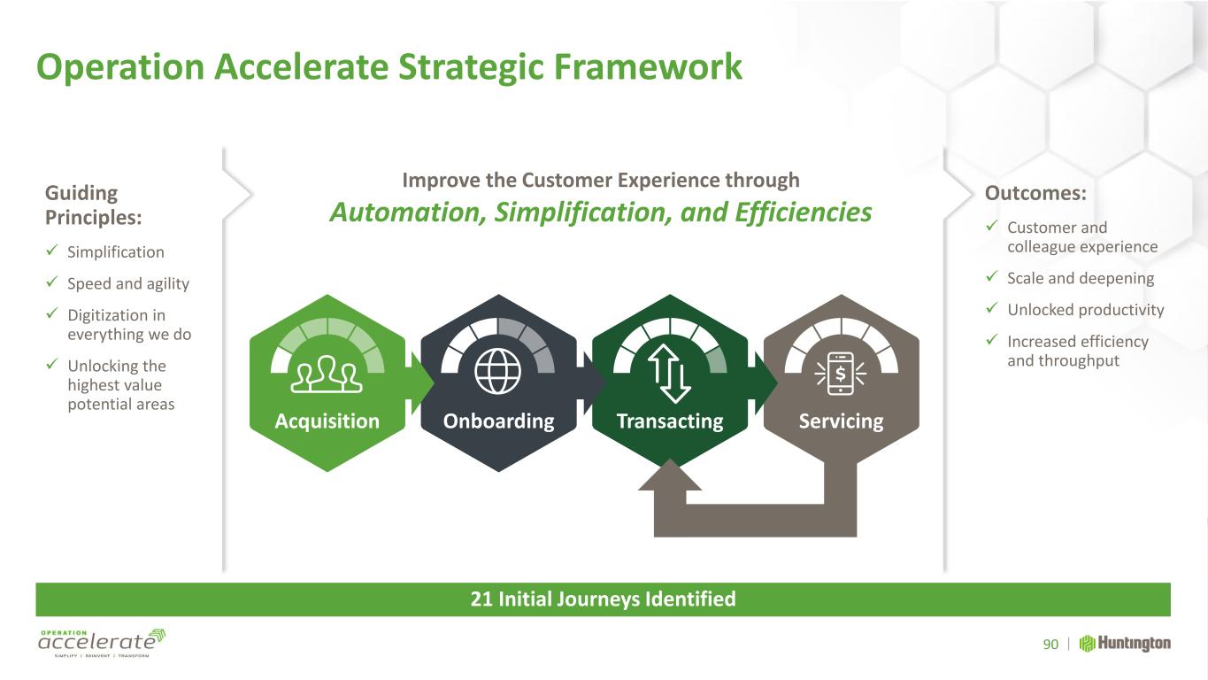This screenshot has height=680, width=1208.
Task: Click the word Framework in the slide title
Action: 648,67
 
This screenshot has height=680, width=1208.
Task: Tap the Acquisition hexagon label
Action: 327,421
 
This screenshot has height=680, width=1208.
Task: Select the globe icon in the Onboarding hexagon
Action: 497,371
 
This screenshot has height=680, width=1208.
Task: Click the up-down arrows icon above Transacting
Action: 669,374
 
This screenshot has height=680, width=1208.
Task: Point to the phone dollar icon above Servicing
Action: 840,374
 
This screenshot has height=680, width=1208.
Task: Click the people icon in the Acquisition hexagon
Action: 327,374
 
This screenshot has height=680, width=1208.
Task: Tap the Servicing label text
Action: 842,421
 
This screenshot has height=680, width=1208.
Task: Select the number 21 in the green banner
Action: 481,599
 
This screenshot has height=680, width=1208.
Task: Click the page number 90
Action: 1050,645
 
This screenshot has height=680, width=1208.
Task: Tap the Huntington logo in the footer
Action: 1125,644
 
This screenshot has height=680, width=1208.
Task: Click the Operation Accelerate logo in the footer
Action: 102,642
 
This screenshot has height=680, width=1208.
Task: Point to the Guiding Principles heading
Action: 93,205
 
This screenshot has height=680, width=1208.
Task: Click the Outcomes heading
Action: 1035,193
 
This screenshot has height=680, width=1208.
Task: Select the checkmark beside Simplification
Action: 51,250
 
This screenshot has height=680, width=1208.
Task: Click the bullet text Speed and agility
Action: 128,284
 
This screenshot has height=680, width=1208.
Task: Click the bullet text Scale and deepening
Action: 1081,279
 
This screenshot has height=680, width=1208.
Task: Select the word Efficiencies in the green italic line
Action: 803,212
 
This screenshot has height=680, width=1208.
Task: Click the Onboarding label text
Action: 499,421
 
